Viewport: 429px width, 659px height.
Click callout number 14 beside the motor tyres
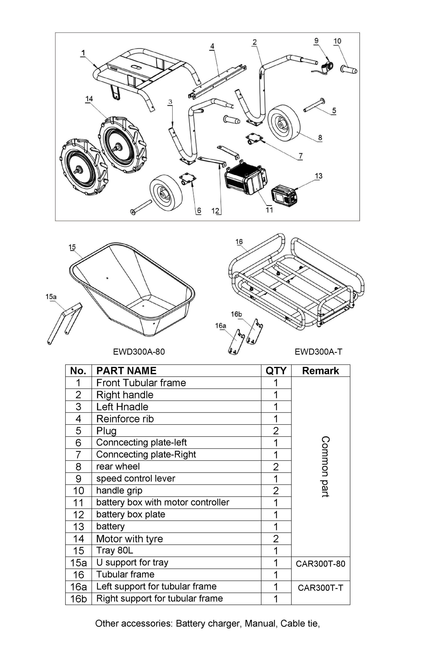[x=89, y=99]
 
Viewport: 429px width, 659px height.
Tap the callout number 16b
[x=236, y=314]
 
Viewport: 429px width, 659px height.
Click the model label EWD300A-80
[x=139, y=352]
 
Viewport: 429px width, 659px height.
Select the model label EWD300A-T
[x=318, y=352]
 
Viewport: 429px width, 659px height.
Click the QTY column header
[x=276, y=371]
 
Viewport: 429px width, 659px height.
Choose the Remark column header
[x=320, y=371]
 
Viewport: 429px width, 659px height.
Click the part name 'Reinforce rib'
[x=125, y=419]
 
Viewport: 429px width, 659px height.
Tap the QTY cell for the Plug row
[x=276, y=431]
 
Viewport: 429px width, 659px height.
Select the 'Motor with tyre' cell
[x=130, y=539]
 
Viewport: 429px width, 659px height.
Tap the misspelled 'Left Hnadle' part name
[x=122, y=407]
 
